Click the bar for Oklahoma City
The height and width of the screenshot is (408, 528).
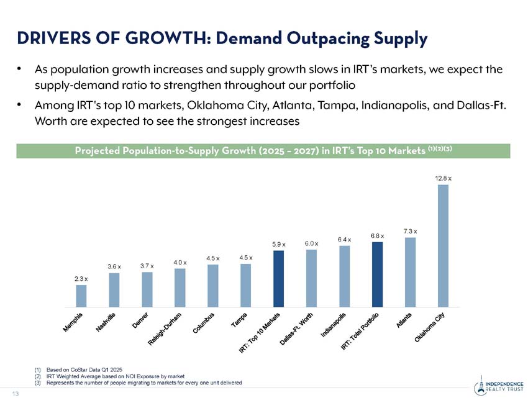pos(443,245)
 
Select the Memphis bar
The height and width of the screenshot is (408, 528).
pos(81,296)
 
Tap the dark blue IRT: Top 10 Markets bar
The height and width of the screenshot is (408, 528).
pos(279,278)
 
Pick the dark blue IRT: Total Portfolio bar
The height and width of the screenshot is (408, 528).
pos(377,274)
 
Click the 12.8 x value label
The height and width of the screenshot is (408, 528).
pos(443,178)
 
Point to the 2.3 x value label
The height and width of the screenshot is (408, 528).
pos(81,279)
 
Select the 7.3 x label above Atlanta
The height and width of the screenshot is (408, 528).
pos(410,231)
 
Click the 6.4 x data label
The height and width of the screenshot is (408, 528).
pos(344,239)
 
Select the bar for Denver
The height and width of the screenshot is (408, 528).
pos(147,289)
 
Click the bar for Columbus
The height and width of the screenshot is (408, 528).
pos(213,286)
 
